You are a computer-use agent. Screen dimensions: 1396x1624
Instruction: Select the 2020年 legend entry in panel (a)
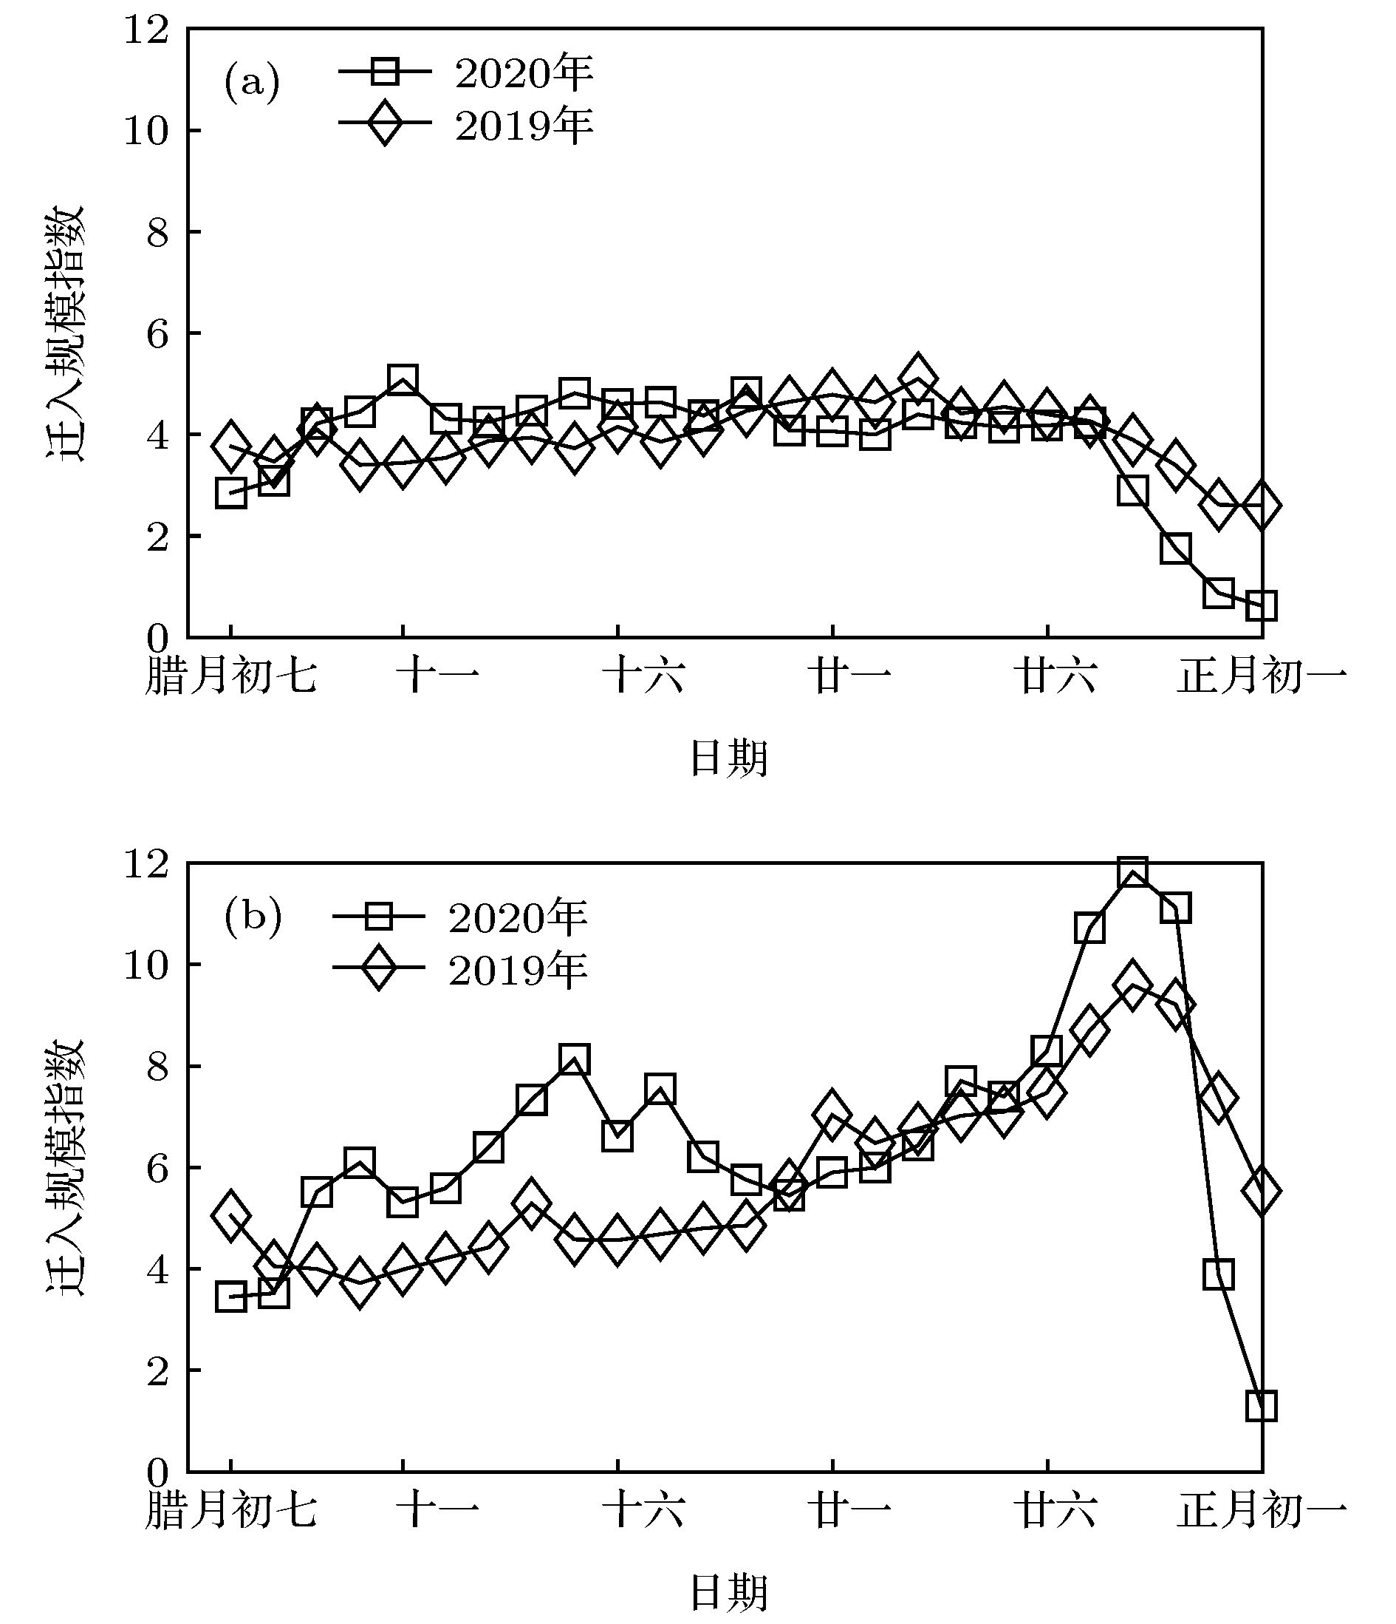466,73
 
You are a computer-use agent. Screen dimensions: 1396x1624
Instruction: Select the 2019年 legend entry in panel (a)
466,125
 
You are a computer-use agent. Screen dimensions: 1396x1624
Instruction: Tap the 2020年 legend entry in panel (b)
461,917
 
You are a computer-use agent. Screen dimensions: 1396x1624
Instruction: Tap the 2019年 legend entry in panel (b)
461,970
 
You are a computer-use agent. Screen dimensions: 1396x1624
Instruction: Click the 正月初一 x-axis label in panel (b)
1262,1509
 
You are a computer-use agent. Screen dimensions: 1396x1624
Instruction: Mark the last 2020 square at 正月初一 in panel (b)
1262,1406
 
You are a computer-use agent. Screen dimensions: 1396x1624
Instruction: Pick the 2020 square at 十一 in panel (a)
403,380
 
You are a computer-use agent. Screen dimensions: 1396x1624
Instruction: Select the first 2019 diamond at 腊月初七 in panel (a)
230,446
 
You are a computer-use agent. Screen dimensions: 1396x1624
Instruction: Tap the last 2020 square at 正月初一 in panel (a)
1262,606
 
